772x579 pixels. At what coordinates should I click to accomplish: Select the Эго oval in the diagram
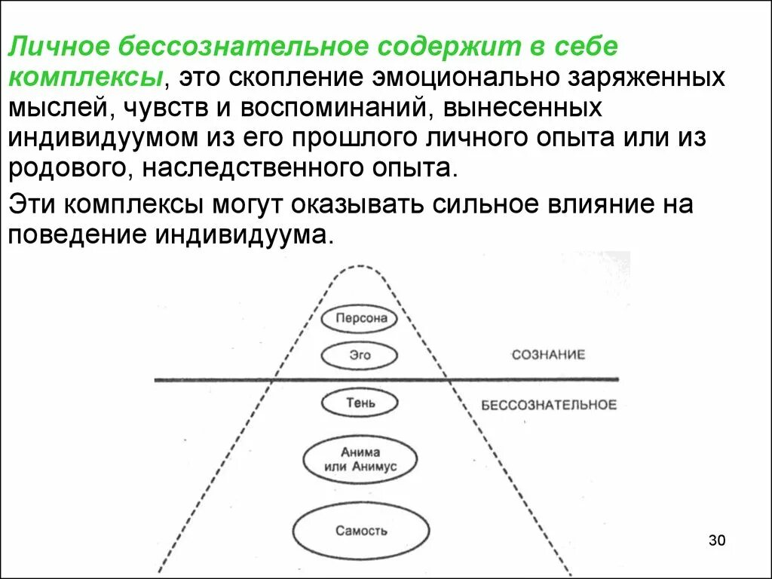click(x=359, y=354)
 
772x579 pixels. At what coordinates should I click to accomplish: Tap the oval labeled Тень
click(x=359, y=403)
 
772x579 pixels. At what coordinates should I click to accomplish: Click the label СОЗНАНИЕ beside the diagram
click(x=548, y=354)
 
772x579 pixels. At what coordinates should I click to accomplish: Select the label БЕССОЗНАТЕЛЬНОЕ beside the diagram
click(x=549, y=405)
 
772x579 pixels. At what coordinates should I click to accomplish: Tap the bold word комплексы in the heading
click(x=87, y=77)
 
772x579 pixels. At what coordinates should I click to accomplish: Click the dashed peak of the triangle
click(x=358, y=266)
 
